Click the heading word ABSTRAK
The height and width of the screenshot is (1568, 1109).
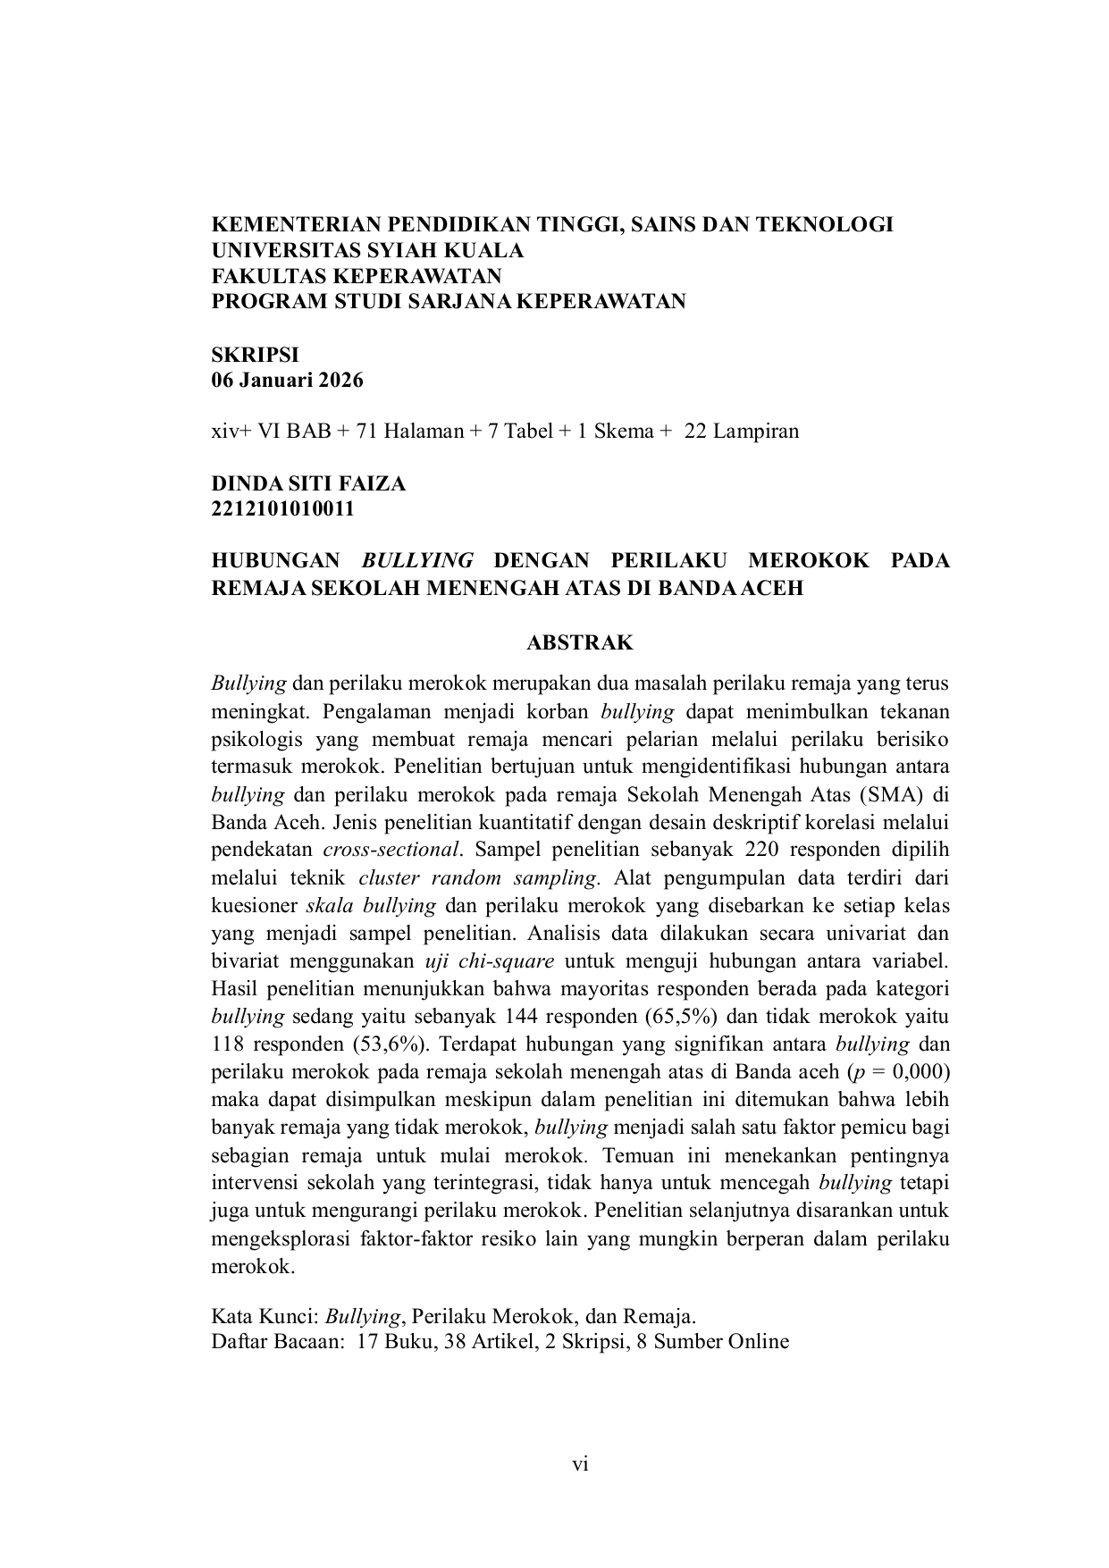point(580,642)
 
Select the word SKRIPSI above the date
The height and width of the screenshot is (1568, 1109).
point(255,354)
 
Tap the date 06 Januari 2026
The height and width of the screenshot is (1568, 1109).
point(287,380)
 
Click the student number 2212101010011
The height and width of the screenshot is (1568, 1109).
point(282,509)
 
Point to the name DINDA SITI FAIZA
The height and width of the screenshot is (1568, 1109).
point(308,483)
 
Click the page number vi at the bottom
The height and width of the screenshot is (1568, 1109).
point(580,1463)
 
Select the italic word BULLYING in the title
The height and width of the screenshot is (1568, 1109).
point(417,560)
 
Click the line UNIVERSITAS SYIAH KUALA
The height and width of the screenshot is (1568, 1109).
point(367,250)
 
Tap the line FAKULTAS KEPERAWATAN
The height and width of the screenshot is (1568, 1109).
point(357,275)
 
